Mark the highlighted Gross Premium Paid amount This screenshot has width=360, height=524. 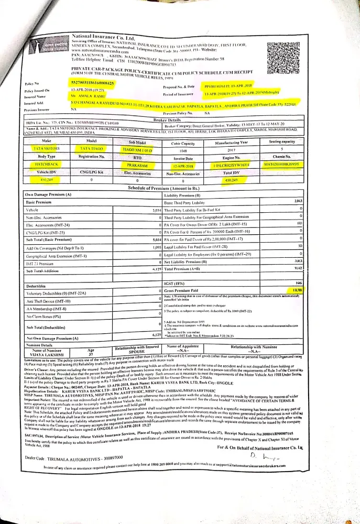point(297,290)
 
